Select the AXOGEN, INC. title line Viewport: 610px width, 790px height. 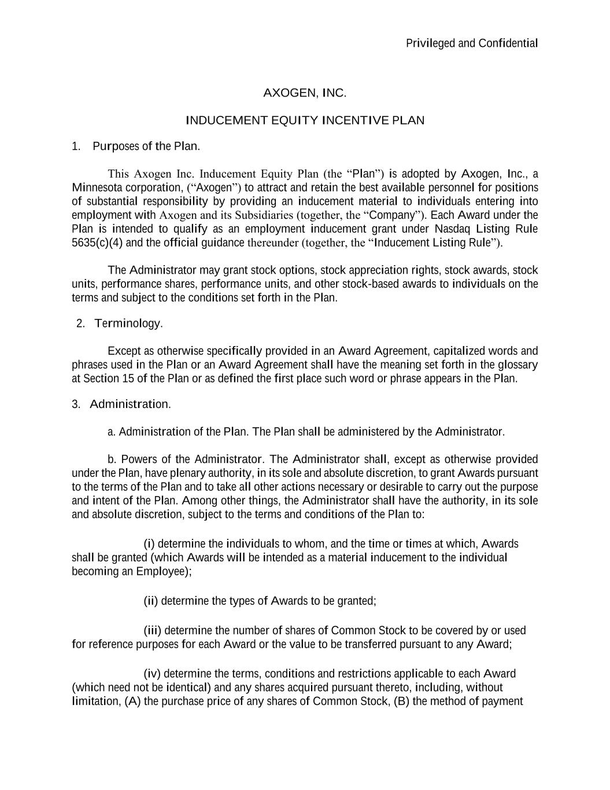point(305,93)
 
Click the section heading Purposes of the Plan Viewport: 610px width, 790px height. point(146,146)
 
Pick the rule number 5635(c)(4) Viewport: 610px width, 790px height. point(97,242)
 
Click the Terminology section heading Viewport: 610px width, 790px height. point(128,324)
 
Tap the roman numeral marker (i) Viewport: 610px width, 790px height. point(149,544)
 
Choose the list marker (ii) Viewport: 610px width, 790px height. point(150,601)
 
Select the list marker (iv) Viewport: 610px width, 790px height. point(152,674)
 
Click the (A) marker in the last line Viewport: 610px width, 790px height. point(132,701)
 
